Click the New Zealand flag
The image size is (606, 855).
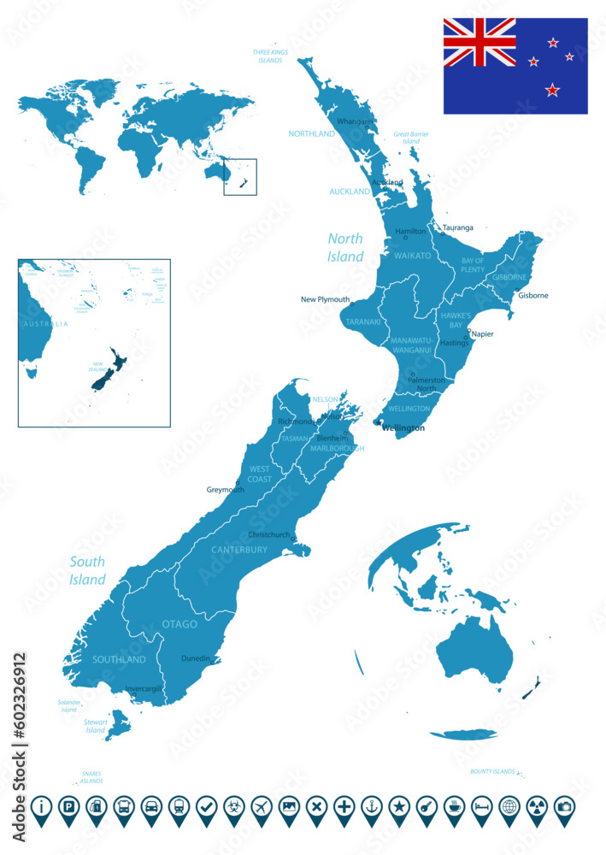click(515, 66)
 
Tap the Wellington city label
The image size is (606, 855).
click(403, 427)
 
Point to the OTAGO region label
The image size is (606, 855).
click(179, 624)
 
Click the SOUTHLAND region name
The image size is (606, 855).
click(119, 659)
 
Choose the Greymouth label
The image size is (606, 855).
click(226, 490)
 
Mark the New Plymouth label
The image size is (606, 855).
click(325, 300)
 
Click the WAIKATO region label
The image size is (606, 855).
click(412, 255)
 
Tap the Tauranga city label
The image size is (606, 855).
click(457, 228)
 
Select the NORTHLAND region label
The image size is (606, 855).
click(311, 134)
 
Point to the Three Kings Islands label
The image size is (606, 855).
click(270, 56)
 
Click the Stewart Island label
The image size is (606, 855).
click(95, 726)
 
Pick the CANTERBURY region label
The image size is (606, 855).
click(239, 550)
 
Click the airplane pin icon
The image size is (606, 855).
click(262, 806)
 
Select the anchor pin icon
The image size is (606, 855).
click(371, 806)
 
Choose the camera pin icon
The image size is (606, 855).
click(564, 806)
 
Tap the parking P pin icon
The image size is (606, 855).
click(69, 806)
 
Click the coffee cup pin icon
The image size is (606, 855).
click(454, 806)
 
